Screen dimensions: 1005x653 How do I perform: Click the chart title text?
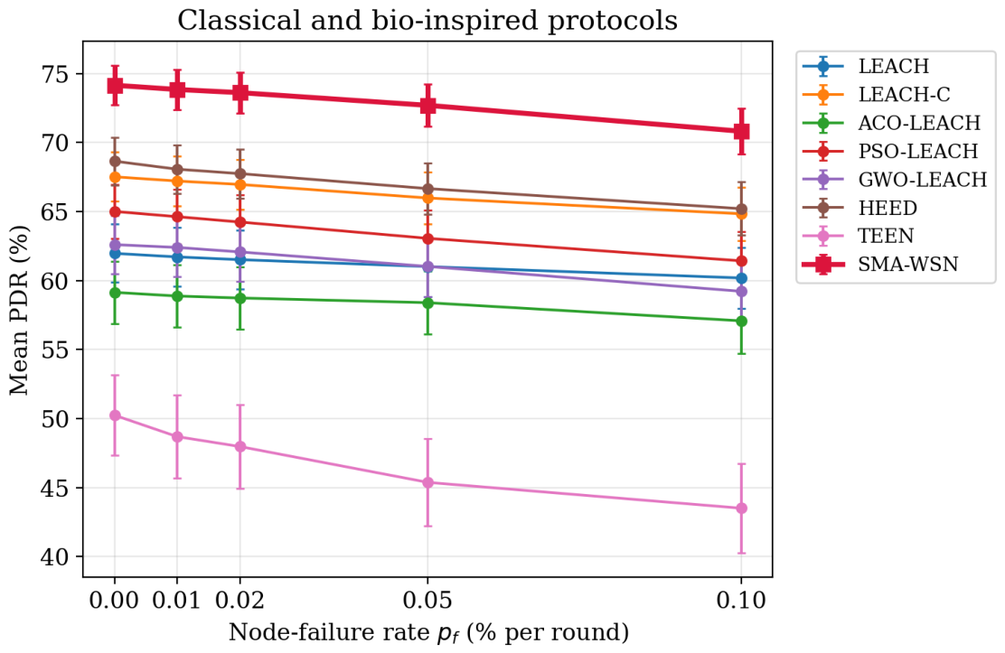(x=427, y=21)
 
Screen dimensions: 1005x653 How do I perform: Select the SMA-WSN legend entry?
(x=896, y=264)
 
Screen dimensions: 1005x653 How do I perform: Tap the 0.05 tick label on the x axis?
(x=427, y=601)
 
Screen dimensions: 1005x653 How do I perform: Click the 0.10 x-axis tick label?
(x=742, y=601)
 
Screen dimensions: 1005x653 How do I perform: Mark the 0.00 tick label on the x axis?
(x=114, y=601)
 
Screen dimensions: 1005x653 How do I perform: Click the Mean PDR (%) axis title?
(x=20, y=311)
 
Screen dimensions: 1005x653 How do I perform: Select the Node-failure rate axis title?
(x=428, y=632)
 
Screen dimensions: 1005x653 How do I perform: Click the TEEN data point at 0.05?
(x=427, y=482)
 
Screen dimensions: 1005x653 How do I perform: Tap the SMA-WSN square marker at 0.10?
(x=742, y=131)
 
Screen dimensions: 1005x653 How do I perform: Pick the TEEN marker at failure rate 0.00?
(x=115, y=415)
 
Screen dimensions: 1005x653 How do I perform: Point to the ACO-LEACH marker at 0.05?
(x=427, y=303)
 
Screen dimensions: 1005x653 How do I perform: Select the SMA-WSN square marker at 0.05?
(x=427, y=105)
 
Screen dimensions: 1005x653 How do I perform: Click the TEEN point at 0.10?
(x=742, y=508)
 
